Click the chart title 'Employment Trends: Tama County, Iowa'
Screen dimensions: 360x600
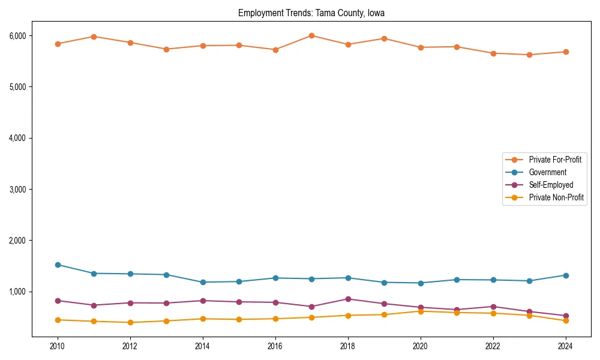pos(311,13)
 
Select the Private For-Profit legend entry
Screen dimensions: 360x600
pos(555,160)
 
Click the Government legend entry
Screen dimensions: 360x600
pos(547,172)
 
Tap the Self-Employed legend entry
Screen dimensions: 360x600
pos(551,185)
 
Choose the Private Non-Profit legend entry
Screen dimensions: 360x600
pos(556,197)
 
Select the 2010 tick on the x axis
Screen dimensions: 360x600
pos(58,346)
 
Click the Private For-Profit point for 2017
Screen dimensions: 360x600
pos(311,35)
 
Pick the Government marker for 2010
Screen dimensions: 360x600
pos(58,265)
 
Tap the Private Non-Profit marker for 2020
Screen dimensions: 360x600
pos(421,311)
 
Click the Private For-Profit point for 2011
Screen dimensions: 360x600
pos(94,37)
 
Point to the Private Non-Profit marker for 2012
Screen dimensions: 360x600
pos(130,322)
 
